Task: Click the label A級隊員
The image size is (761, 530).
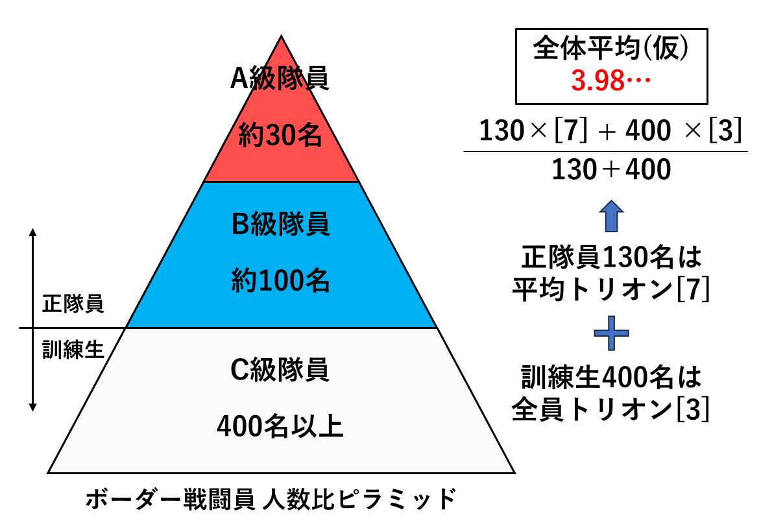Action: coord(280,78)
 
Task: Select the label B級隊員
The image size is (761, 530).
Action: coord(280,224)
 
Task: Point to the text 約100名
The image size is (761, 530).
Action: coord(280,280)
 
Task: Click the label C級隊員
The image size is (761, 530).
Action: coord(280,370)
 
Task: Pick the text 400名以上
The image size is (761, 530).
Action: coord(280,426)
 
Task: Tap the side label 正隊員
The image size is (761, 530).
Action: coord(73,304)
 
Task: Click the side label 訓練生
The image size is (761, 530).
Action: coord(73,349)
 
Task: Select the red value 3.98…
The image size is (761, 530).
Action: coord(611,80)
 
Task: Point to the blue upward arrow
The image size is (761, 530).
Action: coord(612,216)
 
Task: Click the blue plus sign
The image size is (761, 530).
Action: coord(612,333)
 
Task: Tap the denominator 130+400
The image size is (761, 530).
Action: coord(612,169)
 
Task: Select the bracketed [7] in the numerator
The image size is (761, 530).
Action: coord(571,130)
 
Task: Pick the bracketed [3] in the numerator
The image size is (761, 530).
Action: coord(725,130)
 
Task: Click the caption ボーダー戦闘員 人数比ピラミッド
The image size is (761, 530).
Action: coord(271,499)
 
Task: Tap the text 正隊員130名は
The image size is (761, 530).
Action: coord(612,258)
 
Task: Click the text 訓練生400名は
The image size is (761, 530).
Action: coord(612,377)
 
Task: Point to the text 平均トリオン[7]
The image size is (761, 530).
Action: coord(611,289)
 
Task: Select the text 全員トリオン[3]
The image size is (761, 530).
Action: coord(611,409)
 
